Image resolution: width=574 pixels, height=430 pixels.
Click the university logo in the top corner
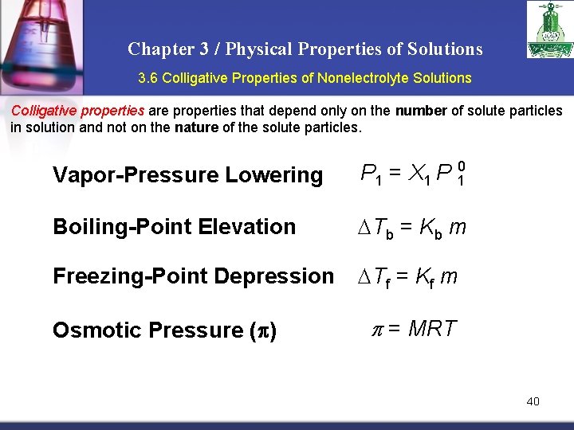[x=549, y=29]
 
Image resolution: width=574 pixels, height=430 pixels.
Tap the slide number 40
[x=533, y=401]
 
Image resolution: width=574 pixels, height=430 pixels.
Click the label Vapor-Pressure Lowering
[x=187, y=175]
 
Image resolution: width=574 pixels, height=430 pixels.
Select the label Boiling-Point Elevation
[x=174, y=227]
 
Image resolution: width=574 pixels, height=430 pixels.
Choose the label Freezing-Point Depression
[x=193, y=276]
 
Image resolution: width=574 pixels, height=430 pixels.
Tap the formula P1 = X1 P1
[x=411, y=174]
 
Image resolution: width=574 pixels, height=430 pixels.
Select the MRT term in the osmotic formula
[x=431, y=328]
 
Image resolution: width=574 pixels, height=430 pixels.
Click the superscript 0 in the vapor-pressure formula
[x=461, y=166]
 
